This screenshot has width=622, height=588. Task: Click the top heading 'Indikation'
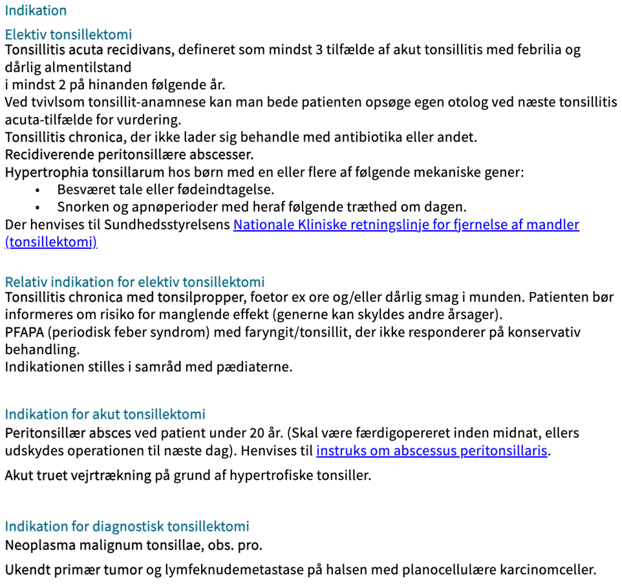(36, 11)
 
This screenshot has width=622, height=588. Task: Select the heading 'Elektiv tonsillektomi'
(68, 35)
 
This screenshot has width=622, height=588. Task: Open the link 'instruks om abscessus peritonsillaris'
(432, 451)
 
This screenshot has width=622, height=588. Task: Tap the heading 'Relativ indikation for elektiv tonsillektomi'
(135, 282)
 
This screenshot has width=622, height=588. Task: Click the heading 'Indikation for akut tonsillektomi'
(105, 414)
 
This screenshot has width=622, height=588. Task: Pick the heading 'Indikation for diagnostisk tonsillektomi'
(127, 527)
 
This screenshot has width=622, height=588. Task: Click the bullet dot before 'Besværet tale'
(38, 190)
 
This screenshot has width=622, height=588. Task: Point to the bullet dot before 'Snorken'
(38, 207)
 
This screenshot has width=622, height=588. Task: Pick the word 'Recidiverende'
(48, 155)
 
